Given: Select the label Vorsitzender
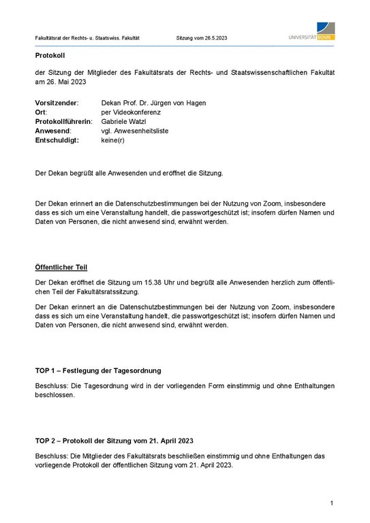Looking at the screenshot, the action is pyautogui.click(x=57, y=103).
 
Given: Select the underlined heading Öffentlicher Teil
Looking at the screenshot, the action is pyautogui.click(x=61, y=266).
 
